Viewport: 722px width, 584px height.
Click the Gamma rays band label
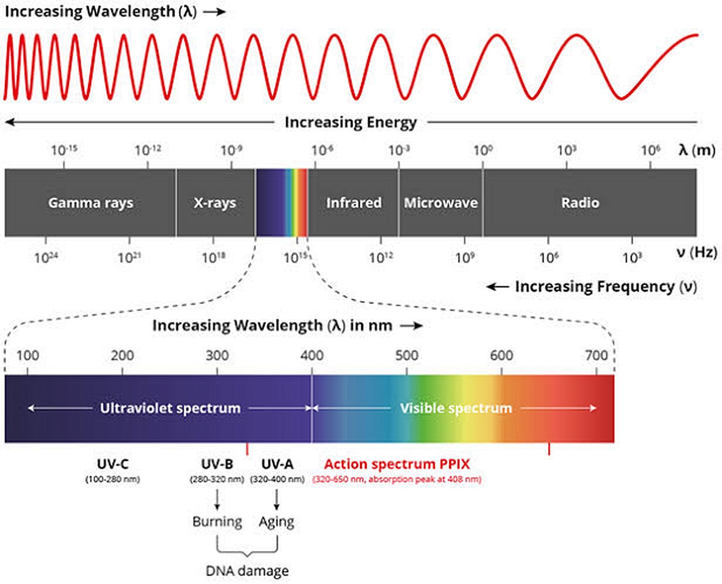coord(91,203)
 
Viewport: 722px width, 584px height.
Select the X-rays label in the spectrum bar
coord(215,203)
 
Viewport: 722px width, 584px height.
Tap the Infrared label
coord(353,203)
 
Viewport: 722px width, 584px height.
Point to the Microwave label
coord(440,203)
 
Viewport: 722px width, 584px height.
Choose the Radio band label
coord(580,203)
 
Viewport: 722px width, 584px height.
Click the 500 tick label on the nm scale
coord(406,355)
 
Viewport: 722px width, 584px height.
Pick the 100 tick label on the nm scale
coord(28,355)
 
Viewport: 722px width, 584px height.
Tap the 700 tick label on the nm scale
coord(596,355)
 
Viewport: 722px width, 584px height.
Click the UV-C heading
coord(113,464)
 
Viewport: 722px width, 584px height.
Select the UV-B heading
coord(217,464)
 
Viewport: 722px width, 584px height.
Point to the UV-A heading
coord(277,464)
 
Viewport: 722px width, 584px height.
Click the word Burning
coord(217,522)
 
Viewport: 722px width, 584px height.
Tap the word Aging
coord(277,522)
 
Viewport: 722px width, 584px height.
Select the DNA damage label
coord(247,571)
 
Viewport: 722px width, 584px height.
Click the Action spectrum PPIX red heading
coord(397,464)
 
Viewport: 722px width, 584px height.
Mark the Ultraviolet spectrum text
coord(170,408)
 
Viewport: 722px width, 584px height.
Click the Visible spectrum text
coord(456,408)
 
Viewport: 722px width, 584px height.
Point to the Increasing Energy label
coord(351,122)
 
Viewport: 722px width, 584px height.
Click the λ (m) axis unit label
coord(697,150)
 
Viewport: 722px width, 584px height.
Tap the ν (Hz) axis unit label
coord(697,252)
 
